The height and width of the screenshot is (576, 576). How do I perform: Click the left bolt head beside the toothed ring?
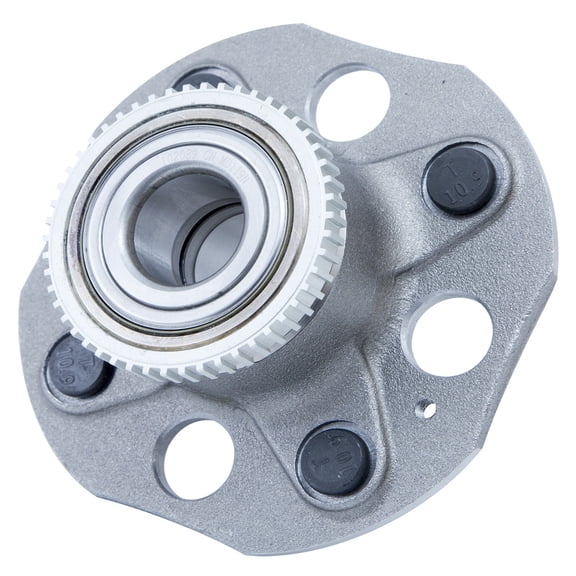[77, 363]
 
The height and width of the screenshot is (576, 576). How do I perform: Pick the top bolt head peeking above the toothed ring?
[205, 78]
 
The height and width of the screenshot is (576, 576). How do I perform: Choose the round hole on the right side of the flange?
[449, 336]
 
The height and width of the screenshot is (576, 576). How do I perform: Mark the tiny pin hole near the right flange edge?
[426, 408]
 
